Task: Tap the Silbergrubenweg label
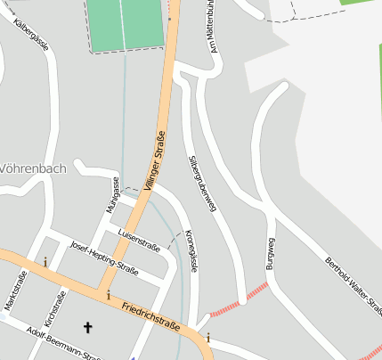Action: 202,181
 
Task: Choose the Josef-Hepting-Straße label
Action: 104,258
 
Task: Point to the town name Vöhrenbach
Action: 26,168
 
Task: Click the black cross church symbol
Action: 87,328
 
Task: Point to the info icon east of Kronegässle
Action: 208,337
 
